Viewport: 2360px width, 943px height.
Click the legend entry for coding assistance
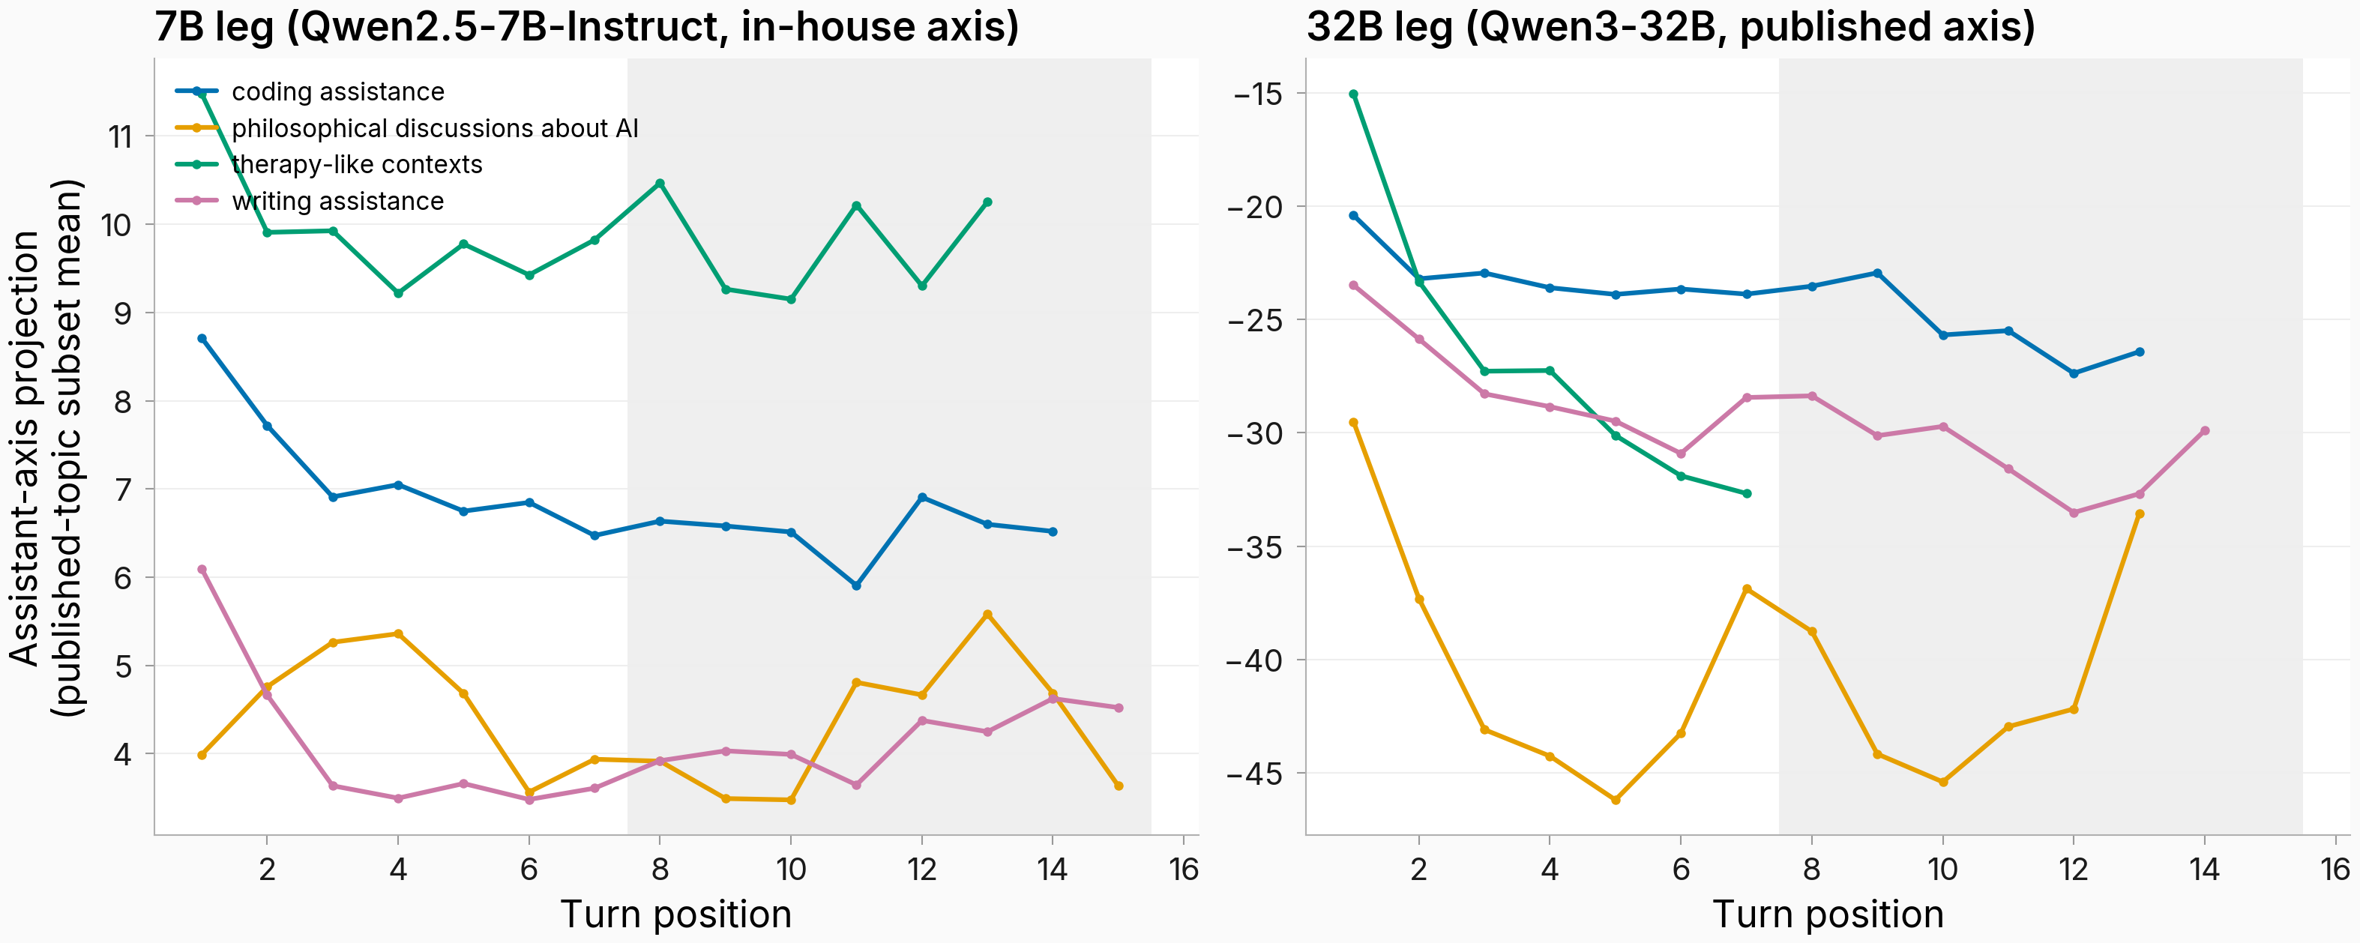click(310, 91)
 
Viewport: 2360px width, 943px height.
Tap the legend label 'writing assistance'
click(338, 201)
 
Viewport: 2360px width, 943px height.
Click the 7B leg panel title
click(586, 25)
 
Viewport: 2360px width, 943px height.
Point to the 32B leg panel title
click(1671, 25)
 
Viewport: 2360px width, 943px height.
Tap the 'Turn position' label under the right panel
click(1828, 915)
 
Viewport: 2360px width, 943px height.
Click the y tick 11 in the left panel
click(121, 136)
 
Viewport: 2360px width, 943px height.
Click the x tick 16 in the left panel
click(1184, 869)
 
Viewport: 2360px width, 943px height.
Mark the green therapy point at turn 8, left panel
click(660, 184)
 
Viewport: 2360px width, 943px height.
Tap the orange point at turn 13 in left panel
click(987, 614)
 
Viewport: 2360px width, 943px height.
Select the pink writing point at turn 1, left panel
click(202, 569)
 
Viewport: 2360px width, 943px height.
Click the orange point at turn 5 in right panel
click(1615, 800)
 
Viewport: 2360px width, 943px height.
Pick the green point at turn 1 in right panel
click(1353, 94)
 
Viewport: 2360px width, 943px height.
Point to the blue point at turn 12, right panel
click(2073, 373)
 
